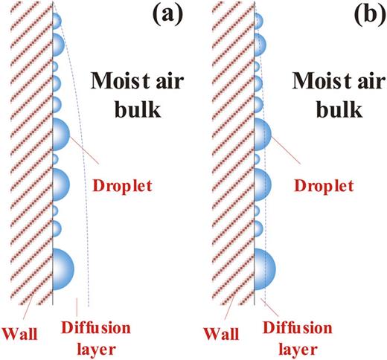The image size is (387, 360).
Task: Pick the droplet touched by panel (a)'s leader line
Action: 60,135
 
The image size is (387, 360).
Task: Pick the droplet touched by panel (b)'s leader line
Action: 262,135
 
